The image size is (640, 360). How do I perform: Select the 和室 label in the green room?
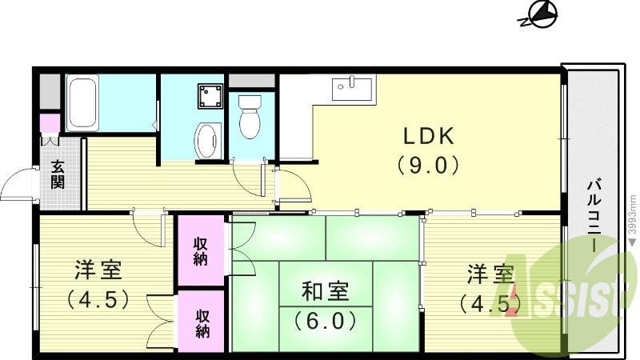(325, 290)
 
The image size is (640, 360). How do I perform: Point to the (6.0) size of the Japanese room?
(325, 321)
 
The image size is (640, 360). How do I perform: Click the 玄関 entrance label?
(58, 174)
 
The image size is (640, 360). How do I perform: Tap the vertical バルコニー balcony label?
(593, 217)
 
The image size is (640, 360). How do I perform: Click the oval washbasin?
(207, 139)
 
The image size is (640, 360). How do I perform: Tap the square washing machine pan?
(211, 97)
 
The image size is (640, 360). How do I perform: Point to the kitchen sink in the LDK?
(352, 86)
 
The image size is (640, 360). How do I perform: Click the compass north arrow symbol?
(542, 14)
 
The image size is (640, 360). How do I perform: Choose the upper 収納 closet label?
(201, 250)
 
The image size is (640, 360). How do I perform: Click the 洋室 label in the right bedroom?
(490, 274)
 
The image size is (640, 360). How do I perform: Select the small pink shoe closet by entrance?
(49, 125)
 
